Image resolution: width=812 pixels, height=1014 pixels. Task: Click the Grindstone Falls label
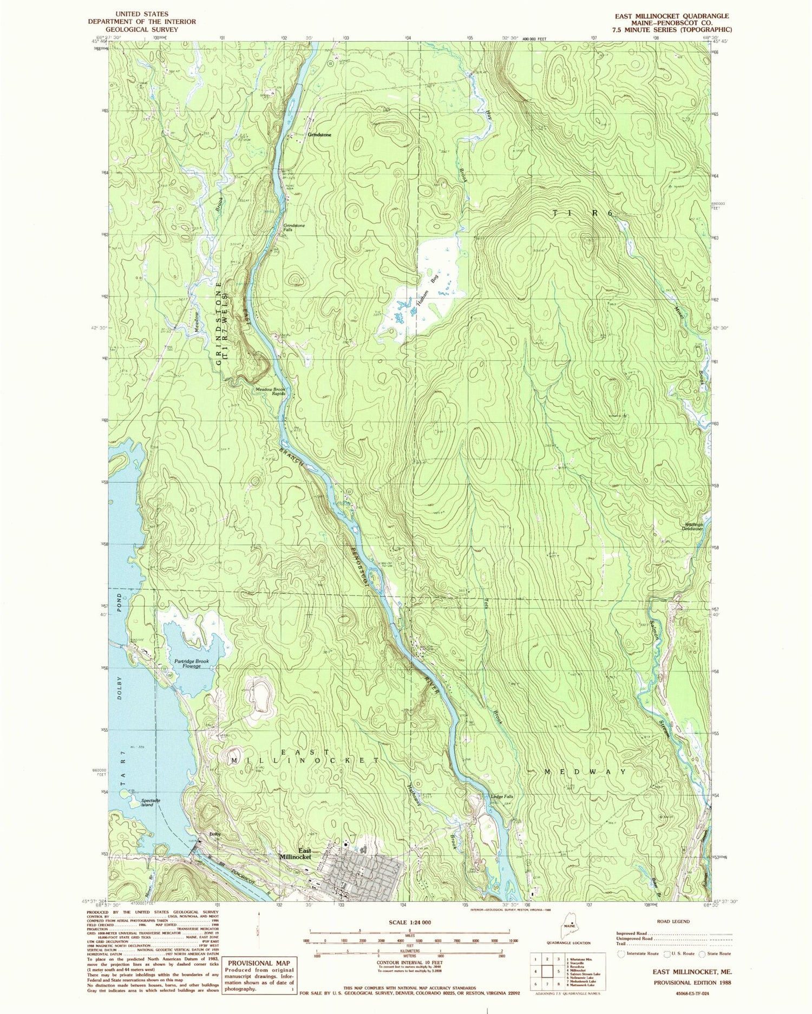294,227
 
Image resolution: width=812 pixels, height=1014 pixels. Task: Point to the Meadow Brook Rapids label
271,391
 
